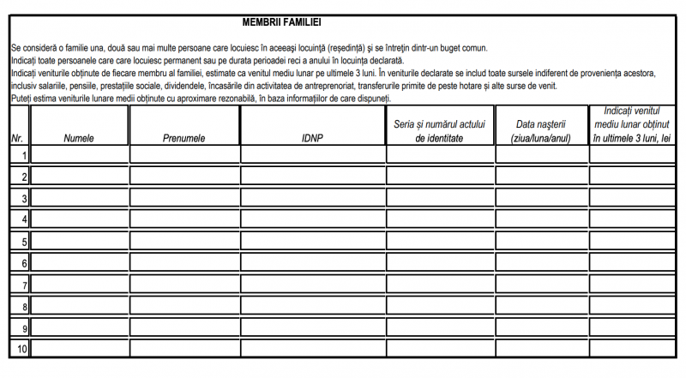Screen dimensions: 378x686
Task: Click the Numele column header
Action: tap(78, 139)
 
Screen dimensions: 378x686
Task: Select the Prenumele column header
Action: tap(184, 139)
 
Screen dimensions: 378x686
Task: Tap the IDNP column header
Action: tap(313, 139)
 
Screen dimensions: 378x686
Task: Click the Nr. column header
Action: tap(17, 139)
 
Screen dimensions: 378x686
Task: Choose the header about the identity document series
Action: tap(440, 131)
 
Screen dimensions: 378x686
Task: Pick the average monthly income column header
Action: tap(637, 125)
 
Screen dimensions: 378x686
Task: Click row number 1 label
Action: tap(25, 155)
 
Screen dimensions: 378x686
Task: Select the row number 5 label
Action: tap(25, 242)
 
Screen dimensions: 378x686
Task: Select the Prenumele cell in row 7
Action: tap(184, 284)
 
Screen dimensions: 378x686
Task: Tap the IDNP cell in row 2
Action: tap(313, 177)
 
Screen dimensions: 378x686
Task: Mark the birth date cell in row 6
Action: tap(542, 262)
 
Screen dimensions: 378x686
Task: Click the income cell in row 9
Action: tap(637, 327)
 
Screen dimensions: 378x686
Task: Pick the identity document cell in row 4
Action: tap(440, 219)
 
